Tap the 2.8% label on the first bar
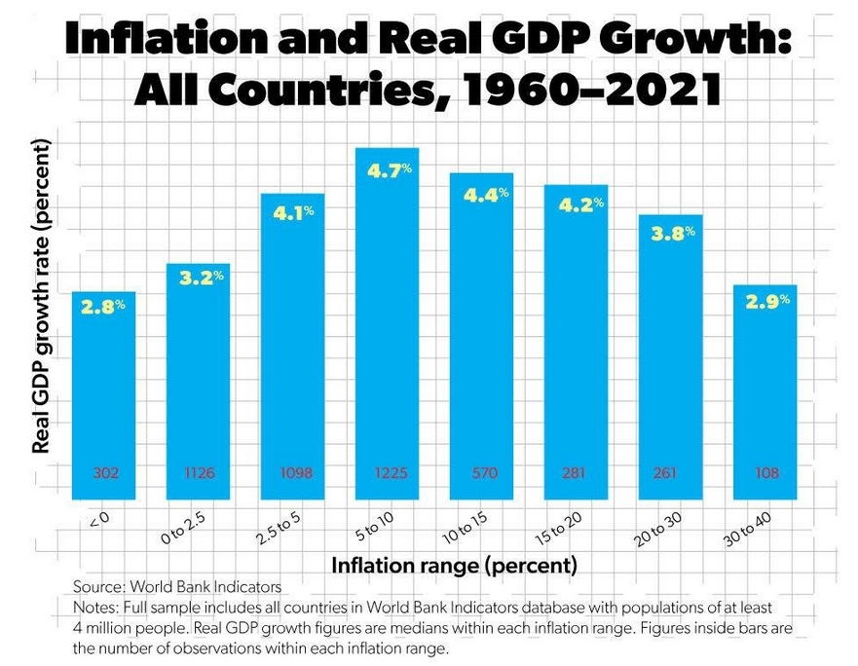[103, 307]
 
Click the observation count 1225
[388, 473]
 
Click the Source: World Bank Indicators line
[177, 587]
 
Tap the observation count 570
[483, 473]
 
